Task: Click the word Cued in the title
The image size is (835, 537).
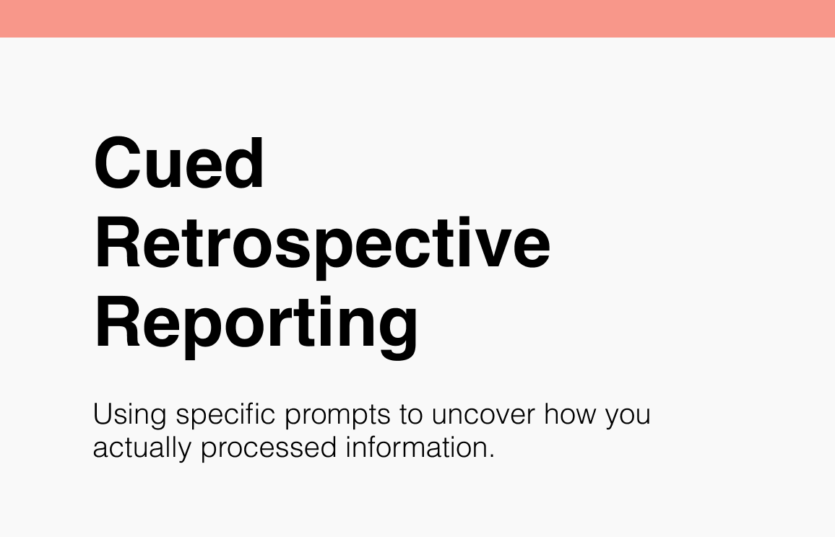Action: click(179, 162)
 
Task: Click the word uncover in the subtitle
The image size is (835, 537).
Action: click(483, 414)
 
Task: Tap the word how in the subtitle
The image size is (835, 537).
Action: click(570, 414)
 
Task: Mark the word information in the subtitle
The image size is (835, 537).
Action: click(417, 447)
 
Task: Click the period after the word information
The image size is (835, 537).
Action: click(491, 455)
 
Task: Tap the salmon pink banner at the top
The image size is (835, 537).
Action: click(417, 19)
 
